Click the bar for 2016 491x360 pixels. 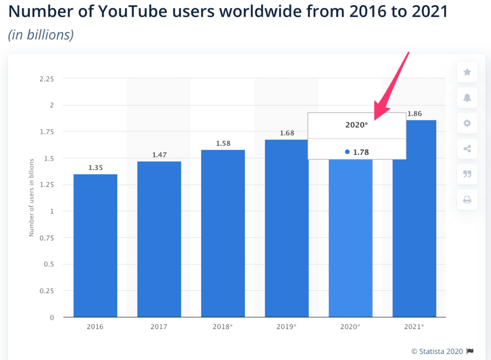point(95,245)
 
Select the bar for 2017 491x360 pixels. point(159,239)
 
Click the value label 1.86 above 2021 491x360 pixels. point(415,114)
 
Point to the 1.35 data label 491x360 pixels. point(95,168)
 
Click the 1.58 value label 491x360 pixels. point(223,143)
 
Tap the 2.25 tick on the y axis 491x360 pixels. point(46,79)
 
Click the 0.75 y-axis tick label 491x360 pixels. point(46,238)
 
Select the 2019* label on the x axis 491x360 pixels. point(287,326)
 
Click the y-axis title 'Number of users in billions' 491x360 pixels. point(31,197)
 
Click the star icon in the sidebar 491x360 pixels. point(467,72)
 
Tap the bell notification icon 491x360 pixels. point(467,98)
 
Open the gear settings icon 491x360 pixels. point(467,123)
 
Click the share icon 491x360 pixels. point(467,149)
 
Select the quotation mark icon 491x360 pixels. point(467,174)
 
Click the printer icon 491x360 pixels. point(467,200)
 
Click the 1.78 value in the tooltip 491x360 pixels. point(361,152)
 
